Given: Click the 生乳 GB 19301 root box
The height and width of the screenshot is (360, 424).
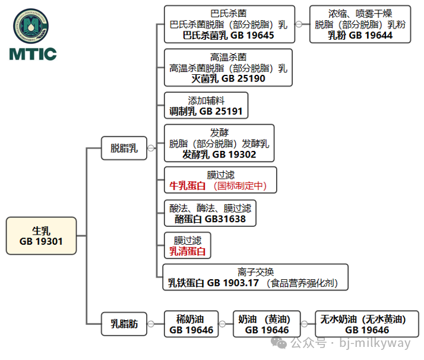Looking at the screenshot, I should (x=42, y=236).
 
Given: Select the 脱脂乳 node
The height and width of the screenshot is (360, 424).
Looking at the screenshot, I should (x=124, y=148).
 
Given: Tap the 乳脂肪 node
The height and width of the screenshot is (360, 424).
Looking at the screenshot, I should (x=124, y=324).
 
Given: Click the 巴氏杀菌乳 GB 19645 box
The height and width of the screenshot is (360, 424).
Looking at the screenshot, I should (x=229, y=24).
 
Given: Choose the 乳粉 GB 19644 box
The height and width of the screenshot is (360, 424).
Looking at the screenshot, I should (x=360, y=24).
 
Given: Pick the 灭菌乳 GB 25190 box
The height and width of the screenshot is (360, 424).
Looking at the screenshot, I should (x=228, y=68).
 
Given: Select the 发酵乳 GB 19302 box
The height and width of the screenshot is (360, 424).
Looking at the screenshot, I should (x=219, y=143).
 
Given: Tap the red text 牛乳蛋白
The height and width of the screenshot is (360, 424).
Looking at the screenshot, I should (x=188, y=186).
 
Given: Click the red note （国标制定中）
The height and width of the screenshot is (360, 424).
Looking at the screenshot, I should (x=240, y=186).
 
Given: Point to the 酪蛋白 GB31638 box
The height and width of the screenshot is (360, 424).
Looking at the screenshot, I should (x=210, y=213).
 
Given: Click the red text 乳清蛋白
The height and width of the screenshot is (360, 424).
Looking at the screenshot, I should (x=188, y=251).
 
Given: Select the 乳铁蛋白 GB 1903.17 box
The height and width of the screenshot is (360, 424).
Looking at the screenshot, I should (x=255, y=277).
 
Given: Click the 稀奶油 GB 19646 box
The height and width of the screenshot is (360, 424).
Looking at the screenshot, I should (x=191, y=324).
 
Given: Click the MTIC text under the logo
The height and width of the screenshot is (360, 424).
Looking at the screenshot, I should (x=33, y=55).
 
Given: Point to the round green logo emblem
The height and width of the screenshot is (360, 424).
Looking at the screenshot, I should (x=33, y=27).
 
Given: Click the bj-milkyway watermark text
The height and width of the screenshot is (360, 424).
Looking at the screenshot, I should (x=374, y=343).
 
